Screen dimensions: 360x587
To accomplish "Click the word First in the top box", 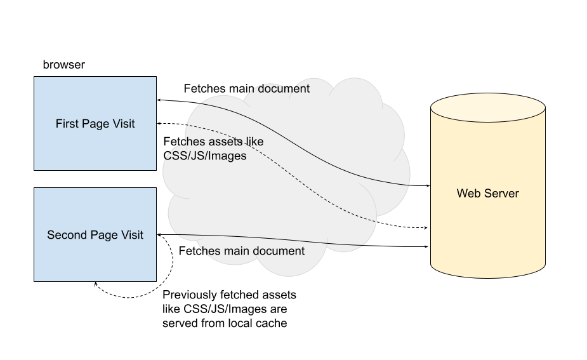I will [x=67, y=124].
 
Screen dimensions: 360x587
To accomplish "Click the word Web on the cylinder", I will [x=468, y=193].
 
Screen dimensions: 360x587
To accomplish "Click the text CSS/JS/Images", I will [x=205, y=156].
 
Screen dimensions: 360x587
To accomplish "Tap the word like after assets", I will [x=254, y=142].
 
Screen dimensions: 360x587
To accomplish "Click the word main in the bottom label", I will [x=237, y=251].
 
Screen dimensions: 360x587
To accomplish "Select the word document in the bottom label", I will [x=279, y=251].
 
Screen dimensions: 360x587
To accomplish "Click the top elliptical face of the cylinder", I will [x=488, y=109].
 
